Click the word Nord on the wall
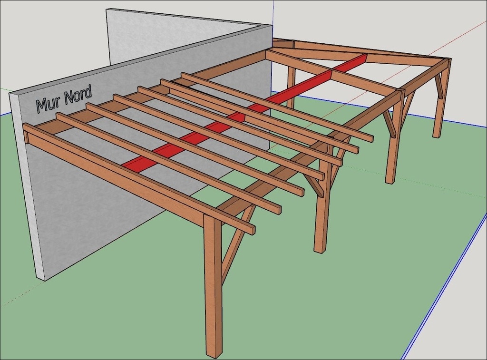pos(78,95)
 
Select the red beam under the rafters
pos(245,110)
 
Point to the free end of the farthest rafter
pos(370,138)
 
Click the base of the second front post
pos(321,249)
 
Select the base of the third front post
pos(390,180)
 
